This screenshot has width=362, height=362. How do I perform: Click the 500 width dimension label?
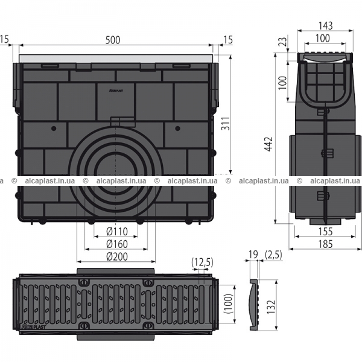pyautogui.click(x=113, y=40)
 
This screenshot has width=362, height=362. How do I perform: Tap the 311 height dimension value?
pyautogui.click(x=226, y=124)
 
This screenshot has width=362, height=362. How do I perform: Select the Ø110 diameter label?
pyautogui.click(x=117, y=231)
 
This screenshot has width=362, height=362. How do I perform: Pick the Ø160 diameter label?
pyautogui.click(x=117, y=244)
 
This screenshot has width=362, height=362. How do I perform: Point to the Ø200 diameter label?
pyautogui.click(x=117, y=256)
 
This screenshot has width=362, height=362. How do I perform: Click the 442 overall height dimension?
pyautogui.click(x=268, y=144)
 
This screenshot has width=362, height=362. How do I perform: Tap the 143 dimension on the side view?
pyautogui.click(x=326, y=25)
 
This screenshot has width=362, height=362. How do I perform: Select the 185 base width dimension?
pyautogui.click(x=325, y=244)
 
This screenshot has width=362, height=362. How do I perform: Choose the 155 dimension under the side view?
pyautogui.click(x=325, y=232)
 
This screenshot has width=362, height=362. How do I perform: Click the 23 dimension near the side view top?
pyautogui.click(x=284, y=42)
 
